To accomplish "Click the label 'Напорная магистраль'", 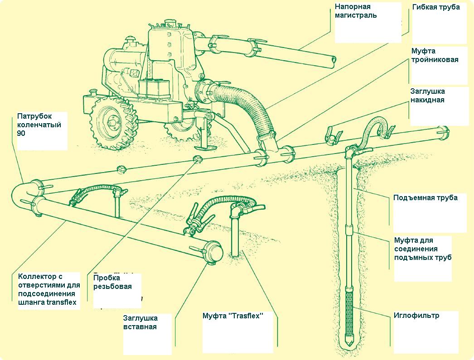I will (x=353, y=11).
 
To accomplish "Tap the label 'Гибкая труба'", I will (x=436, y=7).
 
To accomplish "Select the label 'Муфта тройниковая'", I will (x=435, y=55).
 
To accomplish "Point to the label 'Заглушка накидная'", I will (x=427, y=95).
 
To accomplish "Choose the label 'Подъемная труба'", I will (x=425, y=197).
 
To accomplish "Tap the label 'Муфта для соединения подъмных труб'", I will (x=422, y=249).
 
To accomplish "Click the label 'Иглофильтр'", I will (x=416, y=316).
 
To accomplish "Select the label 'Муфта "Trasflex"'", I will (x=233, y=316).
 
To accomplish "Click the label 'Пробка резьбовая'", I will (x=112, y=282).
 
